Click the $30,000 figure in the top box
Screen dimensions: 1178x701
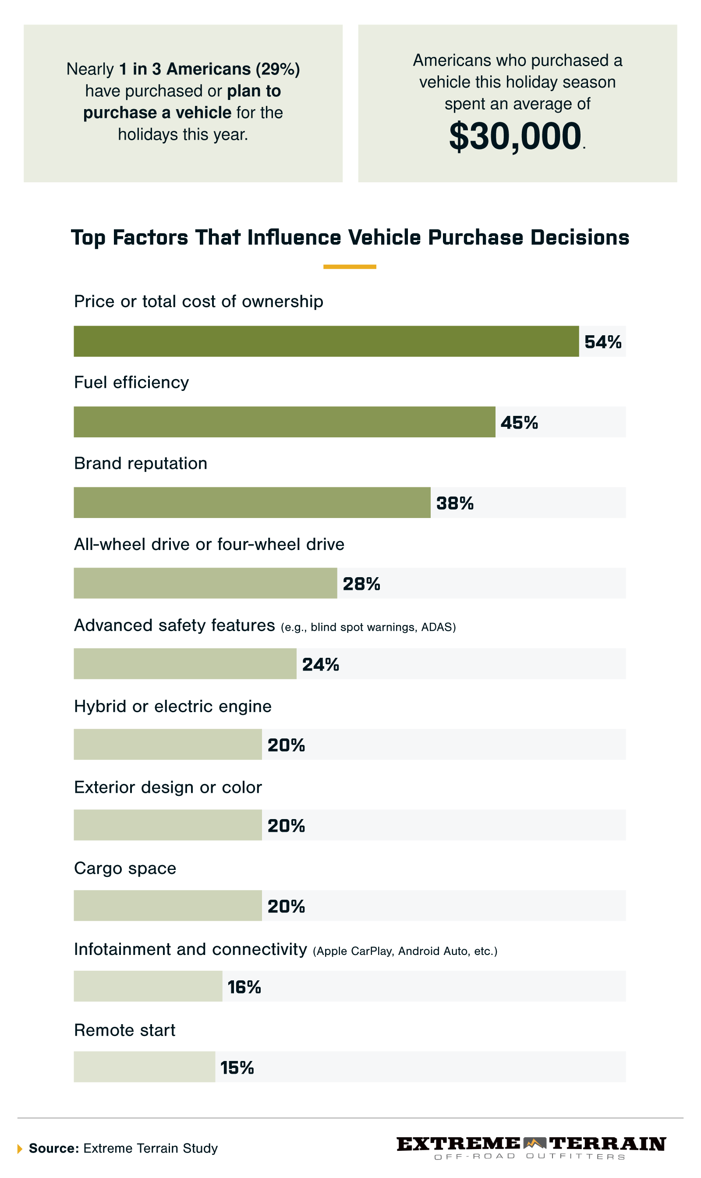[x=515, y=137]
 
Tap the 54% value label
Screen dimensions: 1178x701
[x=602, y=342]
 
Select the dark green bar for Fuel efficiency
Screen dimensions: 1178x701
[x=284, y=422]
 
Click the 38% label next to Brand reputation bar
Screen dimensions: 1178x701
[x=454, y=503]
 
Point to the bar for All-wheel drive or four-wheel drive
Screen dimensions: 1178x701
[x=205, y=583]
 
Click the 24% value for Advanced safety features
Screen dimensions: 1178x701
[x=320, y=664]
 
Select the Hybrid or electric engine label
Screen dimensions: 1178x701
[x=173, y=706]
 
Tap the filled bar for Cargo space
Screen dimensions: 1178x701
[x=167, y=905]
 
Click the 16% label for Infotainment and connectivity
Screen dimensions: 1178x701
[x=244, y=986]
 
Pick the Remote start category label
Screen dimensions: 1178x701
[x=124, y=1029]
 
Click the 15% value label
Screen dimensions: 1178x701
[x=237, y=1068]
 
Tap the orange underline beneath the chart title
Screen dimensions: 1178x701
[x=350, y=267]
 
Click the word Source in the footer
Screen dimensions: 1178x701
[x=53, y=1148]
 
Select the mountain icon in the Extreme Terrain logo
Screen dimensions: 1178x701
[x=534, y=1143]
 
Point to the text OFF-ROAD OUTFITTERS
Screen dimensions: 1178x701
[x=530, y=1156]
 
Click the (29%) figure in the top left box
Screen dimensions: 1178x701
[x=278, y=69]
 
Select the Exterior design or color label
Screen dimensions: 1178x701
[x=168, y=787]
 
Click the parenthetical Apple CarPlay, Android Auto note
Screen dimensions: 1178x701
[x=405, y=951]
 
